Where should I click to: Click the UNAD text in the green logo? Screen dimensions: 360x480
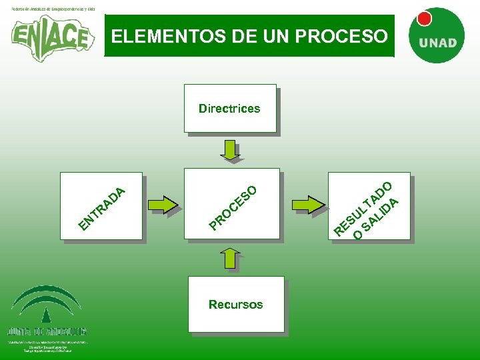(437, 43)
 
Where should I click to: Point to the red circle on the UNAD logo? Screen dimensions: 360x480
(424, 19)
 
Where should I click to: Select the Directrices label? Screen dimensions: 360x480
(229, 108)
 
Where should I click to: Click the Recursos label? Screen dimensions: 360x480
(235, 304)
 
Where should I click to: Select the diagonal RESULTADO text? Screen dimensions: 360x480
(363, 207)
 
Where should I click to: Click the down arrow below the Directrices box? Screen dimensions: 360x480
(231, 151)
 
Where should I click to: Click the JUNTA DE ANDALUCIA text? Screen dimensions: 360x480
(47, 331)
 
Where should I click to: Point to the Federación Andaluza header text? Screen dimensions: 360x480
(53, 9)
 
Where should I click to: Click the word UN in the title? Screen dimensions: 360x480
(269, 36)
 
